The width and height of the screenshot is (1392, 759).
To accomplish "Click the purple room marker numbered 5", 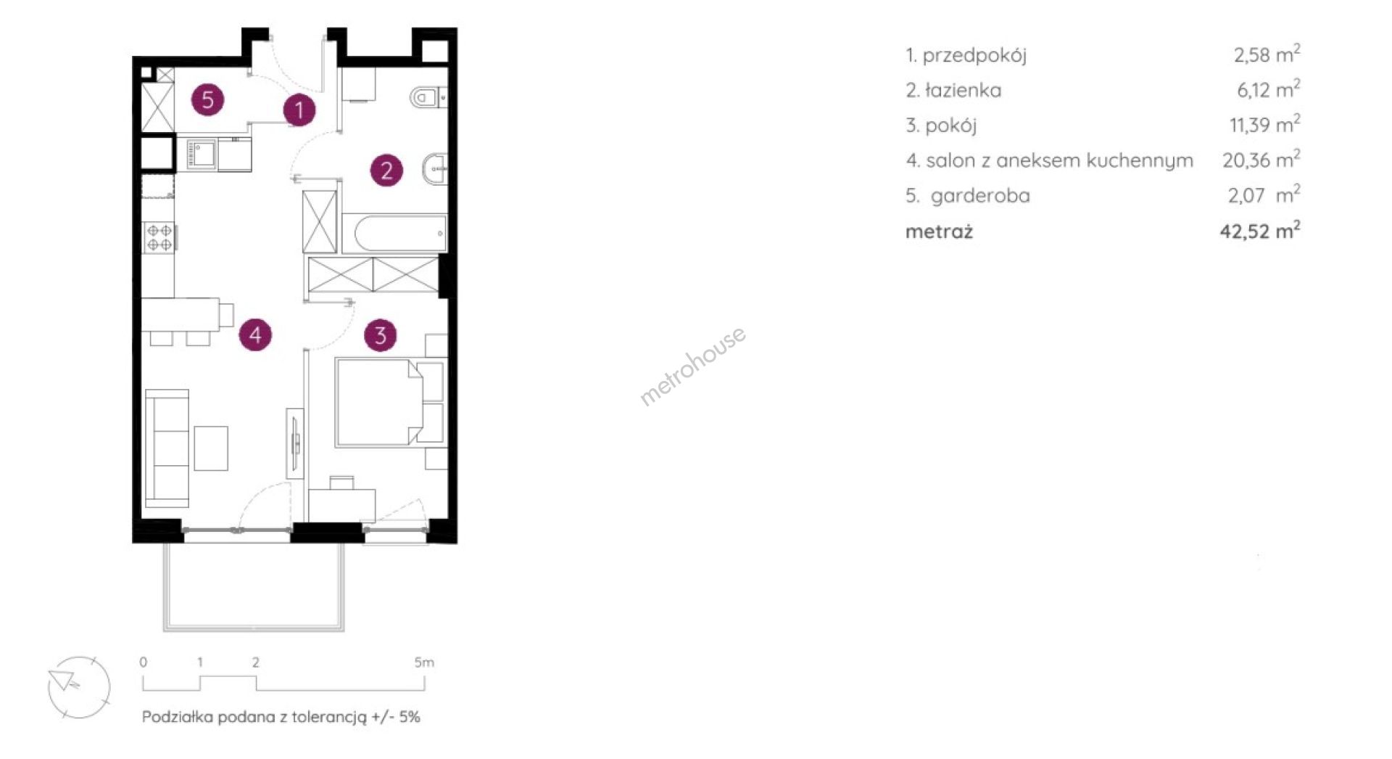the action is click(208, 99).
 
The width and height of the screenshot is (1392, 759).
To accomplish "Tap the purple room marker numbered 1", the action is click(299, 110).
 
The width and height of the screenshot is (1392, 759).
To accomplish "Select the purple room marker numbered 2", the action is click(386, 170).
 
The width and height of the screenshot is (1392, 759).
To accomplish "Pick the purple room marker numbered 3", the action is click(381, 335).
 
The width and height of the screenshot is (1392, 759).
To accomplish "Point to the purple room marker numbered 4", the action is click(255, 335).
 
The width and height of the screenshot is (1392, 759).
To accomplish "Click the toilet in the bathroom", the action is click(428, 97).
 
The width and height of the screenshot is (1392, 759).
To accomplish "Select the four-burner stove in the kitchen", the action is click(159, 237).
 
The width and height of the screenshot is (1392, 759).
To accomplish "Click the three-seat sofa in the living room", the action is click(167, 448).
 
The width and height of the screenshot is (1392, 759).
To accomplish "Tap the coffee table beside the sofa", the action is click(211, 448).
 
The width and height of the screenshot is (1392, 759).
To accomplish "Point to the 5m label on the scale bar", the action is click(424, 662).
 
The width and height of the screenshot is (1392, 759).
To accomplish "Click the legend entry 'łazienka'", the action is click(963, 90).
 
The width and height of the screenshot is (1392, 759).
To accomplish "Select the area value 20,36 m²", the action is click(1261, 159).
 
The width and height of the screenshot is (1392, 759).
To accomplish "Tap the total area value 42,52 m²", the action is click(1260, 231).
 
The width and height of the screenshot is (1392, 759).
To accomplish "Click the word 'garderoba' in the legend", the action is click(980, 196).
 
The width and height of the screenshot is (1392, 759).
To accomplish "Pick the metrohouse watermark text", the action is click(692, 366).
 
